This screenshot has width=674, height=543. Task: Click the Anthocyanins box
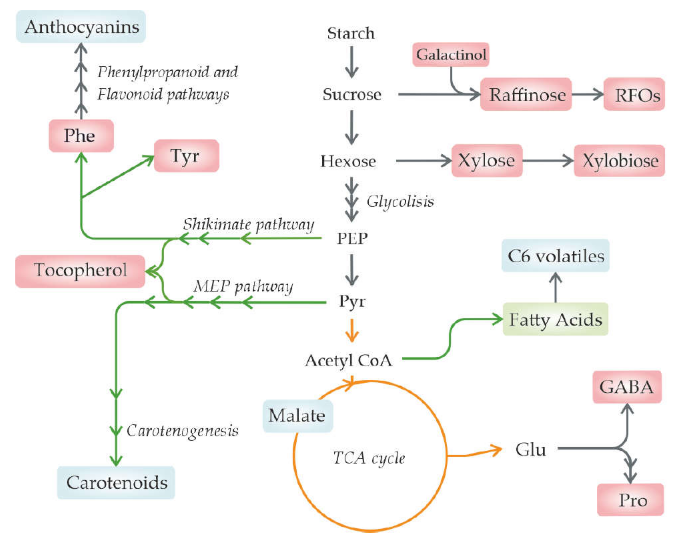pos(81,27)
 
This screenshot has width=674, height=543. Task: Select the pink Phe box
pos(81,136)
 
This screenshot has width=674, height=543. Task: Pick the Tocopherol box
pos(80,271)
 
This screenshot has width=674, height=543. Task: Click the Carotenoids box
pos(116,482)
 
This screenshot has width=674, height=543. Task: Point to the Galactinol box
pos(451,55)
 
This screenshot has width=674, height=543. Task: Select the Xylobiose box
pos(619,161)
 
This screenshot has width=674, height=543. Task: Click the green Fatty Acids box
pos(555,319)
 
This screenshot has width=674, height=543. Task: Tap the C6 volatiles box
pos(555,256)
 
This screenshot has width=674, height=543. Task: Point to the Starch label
pos(351,33)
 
